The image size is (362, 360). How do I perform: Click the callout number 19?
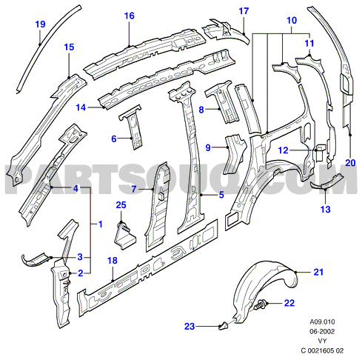pyautogui.click(x=41, y=24)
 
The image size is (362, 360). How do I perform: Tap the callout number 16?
pyautogui.click(x=129, y=16)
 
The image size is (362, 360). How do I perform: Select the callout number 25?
pyautogui.click(x=121, y=205)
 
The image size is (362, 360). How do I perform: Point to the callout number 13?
pyautogui.click(x=325, y=210)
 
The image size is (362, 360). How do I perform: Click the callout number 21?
pyautogui.click(x=318, y=272)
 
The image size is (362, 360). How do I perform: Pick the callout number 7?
pyautogui.click(x=134, y=190)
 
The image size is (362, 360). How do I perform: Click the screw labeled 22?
pyautogui.click(x=258, y=305)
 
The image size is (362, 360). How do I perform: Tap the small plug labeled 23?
pyautogui.click(x=224, y=326)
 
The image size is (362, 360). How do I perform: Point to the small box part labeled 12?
pyautogui.click(x=320, y=152)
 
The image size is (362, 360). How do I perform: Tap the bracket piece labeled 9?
pyautogui.click(x=234, y=153)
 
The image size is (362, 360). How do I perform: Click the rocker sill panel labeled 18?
pyautogui.click(x=148, y=268)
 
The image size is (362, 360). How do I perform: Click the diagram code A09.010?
pyautogui.click(x=322, y=321)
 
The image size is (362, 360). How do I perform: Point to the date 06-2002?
pyautogui.click(x=322, y=331)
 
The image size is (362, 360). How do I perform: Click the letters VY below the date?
pyautogui.click(x=322, y=341)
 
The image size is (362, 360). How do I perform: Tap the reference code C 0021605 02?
pyautogui.click(x=322, y=350)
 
